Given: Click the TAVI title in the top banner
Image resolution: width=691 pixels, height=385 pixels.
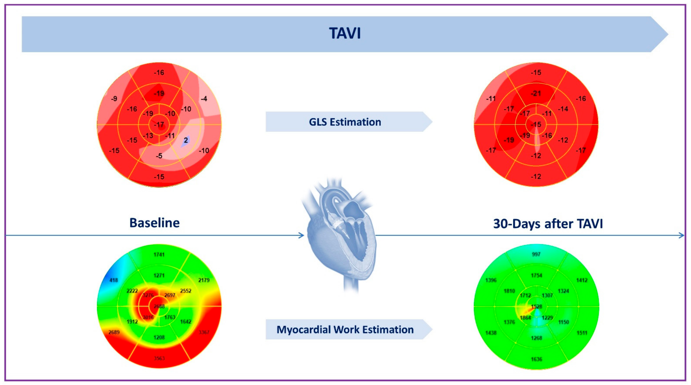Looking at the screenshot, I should (x=345, y=33).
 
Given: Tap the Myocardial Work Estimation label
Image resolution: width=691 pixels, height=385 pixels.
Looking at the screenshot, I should (x=345, y=330).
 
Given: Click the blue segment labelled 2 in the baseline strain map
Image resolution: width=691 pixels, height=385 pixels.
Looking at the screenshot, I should (x=186, y=141).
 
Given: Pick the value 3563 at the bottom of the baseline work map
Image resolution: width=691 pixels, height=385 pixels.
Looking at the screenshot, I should (x=159, y=358).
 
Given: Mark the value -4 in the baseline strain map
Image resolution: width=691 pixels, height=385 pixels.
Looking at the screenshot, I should (x=204, y=99).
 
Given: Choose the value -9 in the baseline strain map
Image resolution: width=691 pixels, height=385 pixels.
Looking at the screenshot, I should (x=114, y=99).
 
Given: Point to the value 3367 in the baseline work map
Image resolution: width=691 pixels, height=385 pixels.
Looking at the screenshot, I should (x=204, y=332).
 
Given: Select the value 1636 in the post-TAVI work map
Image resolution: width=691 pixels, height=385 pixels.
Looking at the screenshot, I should (x=537, y=359).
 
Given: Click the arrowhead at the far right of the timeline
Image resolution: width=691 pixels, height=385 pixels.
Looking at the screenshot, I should (x=681, y=235).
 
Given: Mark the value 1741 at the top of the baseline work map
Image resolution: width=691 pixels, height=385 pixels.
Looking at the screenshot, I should (x=159, y=255).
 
